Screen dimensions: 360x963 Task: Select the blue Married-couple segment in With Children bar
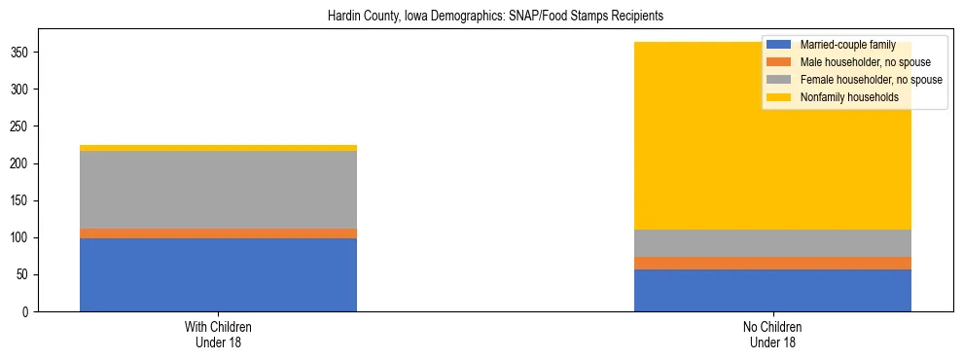(218, 274)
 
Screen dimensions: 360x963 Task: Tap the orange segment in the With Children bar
(218, 234)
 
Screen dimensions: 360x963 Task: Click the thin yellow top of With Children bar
(218, 148)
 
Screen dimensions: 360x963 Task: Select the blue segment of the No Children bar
(772, 290)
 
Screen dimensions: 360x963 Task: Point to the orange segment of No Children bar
(772, 263)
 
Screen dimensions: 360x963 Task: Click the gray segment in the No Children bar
(772, 243)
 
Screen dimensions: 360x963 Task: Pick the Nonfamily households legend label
(849, 97)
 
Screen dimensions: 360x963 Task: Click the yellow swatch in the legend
(779, 97)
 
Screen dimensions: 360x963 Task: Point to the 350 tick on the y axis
(32, 53)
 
